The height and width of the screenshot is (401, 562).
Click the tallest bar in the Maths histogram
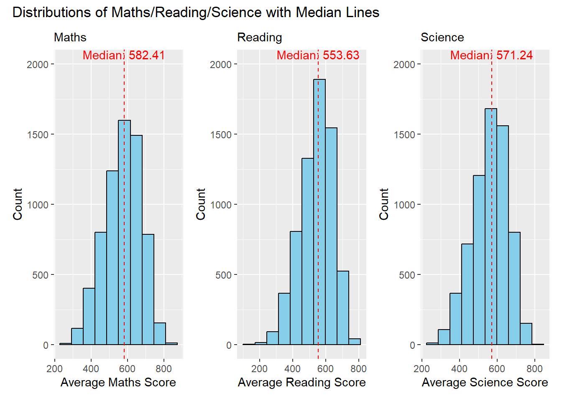(x=124, y=232)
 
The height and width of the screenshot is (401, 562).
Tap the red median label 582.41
(x=124, y=55)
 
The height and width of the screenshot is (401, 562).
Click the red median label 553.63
(x=318, y=55)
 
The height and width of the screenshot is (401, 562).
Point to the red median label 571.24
(x=491, y=55)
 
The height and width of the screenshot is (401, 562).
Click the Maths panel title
(x=70, y=38)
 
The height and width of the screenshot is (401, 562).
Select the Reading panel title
(x=260, y=38)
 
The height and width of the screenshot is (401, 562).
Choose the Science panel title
(x=442, y=38)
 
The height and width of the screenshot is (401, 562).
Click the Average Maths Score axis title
(x=118, y=382)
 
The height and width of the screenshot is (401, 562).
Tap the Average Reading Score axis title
(x=302, y=382)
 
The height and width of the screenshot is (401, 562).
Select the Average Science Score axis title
(x=485, y=382)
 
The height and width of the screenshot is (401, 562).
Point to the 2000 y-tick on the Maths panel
(x=38, y=64)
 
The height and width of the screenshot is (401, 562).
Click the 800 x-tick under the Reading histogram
(x=358, y=368)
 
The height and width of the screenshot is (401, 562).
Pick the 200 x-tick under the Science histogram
(x=421, y=368)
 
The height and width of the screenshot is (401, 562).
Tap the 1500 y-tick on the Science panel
(x=404, y=135)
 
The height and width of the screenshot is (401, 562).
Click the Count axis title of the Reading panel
(x=201, y=204)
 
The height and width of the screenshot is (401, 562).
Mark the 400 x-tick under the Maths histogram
(x=91, y=368)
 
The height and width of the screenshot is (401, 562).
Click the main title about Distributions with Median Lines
(x=196, y=13)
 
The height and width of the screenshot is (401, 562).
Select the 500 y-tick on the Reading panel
(x=223, y=275)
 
